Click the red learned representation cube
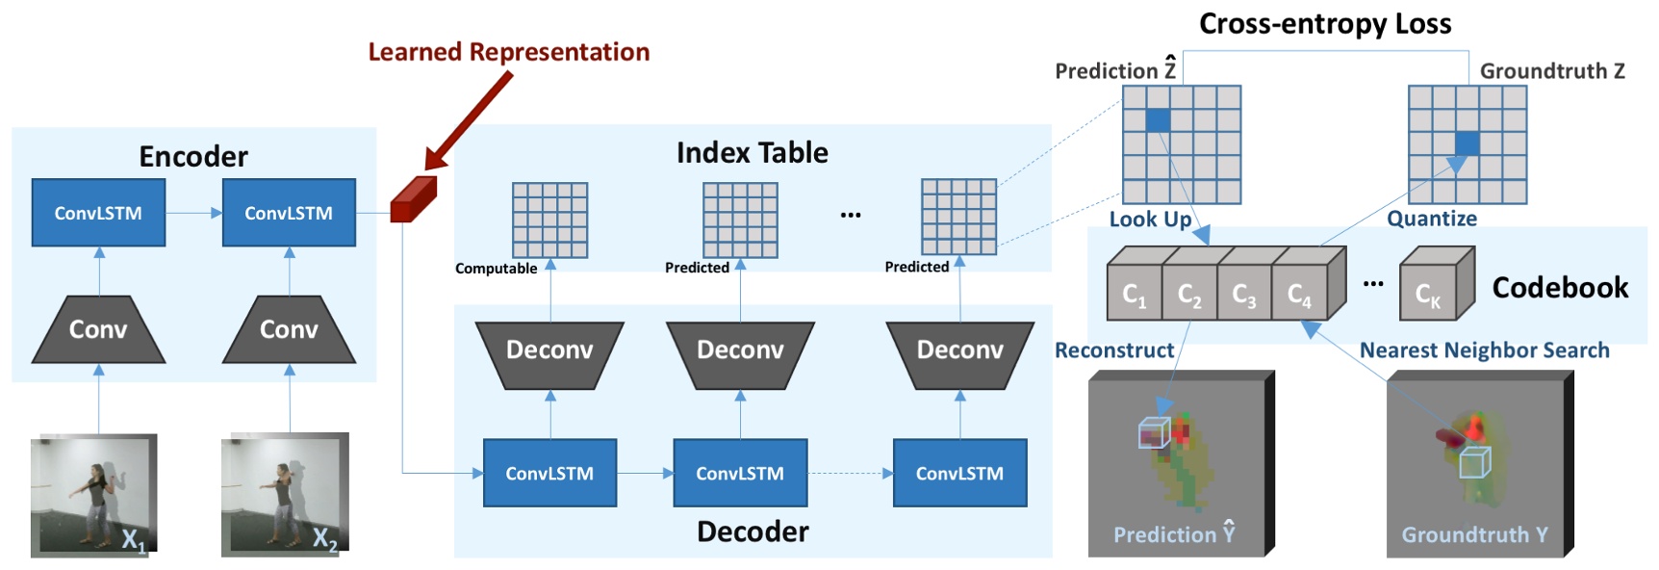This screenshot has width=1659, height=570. [x=412, y=200]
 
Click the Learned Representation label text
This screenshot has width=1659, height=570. [x=508, y=52]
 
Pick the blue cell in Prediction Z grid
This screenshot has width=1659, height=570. [x=1158, y=120]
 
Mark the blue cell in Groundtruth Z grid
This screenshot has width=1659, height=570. [x=1467, y=143]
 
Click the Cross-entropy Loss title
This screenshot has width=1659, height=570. [x=1324, y=23]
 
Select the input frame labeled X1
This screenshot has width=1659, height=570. [x=92, y=495]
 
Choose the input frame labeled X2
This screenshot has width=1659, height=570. [x=284, y=495]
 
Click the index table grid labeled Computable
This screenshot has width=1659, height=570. [x=549, y=220]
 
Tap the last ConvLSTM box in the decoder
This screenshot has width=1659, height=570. [x=959, y=473]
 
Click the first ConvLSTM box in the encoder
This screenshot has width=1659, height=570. [x=97, y=213]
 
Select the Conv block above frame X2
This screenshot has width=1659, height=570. [x=289, y=329]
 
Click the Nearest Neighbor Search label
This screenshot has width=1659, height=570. [x=1484, y=350]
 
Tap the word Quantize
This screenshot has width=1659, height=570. [x=1431, y=219]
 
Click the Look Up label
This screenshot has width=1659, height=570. [x=1150, y=220]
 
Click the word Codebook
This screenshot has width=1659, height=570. [x=1559, y=287]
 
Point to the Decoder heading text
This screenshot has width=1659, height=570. [x=753, y=531]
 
